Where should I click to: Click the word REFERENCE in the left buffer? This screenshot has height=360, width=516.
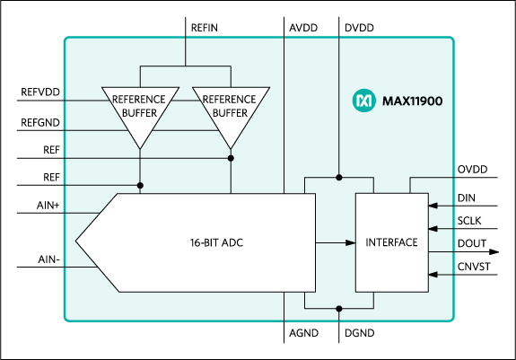click(139, 99)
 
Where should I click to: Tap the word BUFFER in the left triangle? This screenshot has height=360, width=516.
click(139, 113)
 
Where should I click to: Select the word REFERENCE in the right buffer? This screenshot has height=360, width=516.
click(231, 99)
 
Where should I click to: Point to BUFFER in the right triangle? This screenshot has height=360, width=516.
click(231, 113)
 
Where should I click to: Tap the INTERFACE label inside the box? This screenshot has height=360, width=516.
click(391, 242)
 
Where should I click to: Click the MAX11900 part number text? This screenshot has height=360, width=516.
click(412, 101)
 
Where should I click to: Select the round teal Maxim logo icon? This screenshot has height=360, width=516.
click(363, 101)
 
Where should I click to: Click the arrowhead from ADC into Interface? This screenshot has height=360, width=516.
click(350, 242)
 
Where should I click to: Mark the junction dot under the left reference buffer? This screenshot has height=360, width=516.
click(140, 186)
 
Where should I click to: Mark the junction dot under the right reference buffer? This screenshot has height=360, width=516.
click(231, 158)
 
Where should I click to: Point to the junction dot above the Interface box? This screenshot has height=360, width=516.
click(339, 177)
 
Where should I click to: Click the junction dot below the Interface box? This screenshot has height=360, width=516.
click(339, 308)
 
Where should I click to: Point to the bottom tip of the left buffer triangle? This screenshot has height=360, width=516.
click(140, 148)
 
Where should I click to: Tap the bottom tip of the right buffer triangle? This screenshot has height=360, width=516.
click(231, 148)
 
